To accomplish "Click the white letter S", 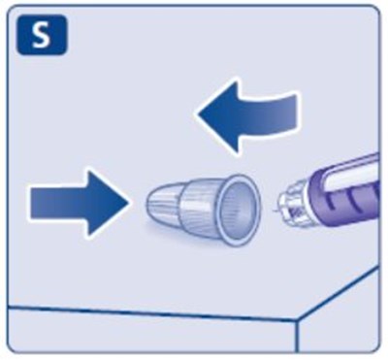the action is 42,35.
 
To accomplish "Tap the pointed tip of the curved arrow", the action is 198,114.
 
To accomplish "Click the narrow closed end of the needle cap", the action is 149,203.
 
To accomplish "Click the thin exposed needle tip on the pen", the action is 275,211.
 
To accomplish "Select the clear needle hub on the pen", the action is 294,207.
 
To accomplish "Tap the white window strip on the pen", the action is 352,177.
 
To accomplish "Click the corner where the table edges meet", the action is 297,321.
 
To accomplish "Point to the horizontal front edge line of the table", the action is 152,313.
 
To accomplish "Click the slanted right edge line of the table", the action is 338,294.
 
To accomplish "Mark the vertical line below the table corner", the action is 297,337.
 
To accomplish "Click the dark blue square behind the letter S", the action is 42,35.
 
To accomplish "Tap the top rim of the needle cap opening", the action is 241,178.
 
